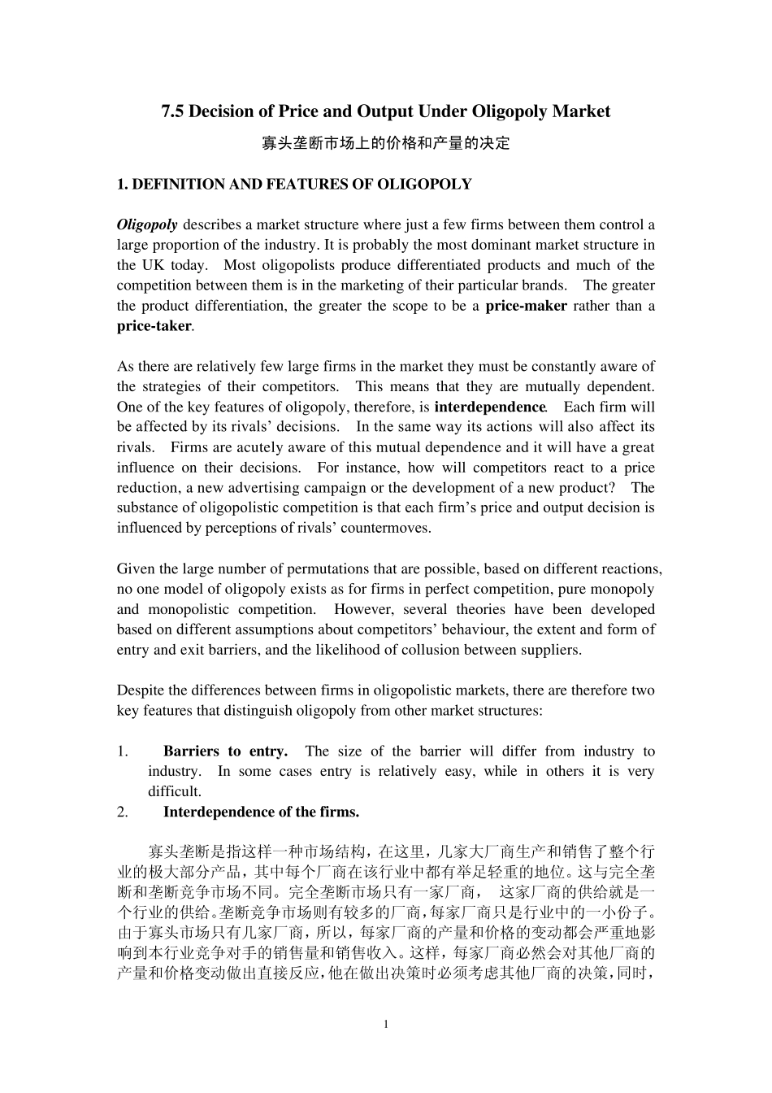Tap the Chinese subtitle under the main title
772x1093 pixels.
coord(385,144)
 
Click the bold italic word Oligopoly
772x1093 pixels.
coord(147,224)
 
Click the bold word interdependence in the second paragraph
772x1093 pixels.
coord(490,407)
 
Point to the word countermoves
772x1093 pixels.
coord(387,528)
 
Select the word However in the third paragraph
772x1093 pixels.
coord(362,609)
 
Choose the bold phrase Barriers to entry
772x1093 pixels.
coord(225,751)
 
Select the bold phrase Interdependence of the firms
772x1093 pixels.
coord(261,812)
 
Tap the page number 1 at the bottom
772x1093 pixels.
coord(386,1024)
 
